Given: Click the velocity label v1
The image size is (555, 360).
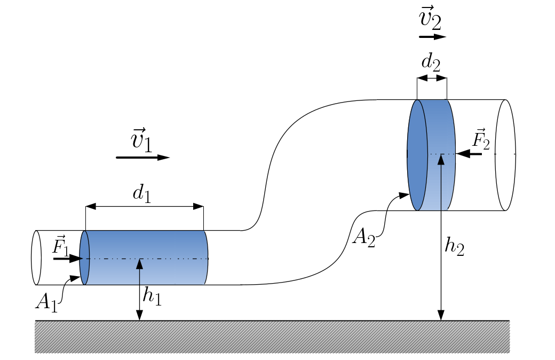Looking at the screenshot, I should pyautogui.click(x=142, y=142).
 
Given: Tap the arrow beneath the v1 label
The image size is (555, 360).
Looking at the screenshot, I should pyautogui.click(x=142, y=158).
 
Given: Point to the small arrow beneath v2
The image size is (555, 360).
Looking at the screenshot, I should pyautogui.click(x=432, y=37).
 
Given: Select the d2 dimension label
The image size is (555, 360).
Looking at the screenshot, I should pyautogui.click(x=431, y=62).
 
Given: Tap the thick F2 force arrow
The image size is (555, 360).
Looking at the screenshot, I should pyautogui.click(x=470, y=154).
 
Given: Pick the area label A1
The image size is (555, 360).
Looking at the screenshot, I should pyautogui.click(x=47, y=302).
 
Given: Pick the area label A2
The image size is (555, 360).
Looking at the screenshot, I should pyautogui.click(x=363, y=237).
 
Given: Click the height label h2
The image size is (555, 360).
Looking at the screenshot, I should pyautogui.click(x=454, y=247).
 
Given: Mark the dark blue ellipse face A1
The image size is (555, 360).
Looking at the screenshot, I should pyautogui.click(x=84, y=258).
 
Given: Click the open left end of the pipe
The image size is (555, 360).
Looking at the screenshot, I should pyautogui.click(x=36, y=257).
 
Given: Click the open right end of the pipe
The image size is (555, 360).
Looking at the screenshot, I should pyautogui.click(x=505, y=154).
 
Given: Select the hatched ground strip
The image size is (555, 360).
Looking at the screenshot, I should pyautogui.click(x=272, y=337).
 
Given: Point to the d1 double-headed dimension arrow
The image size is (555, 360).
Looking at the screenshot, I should pyautogui.click(x=144, y=207).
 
